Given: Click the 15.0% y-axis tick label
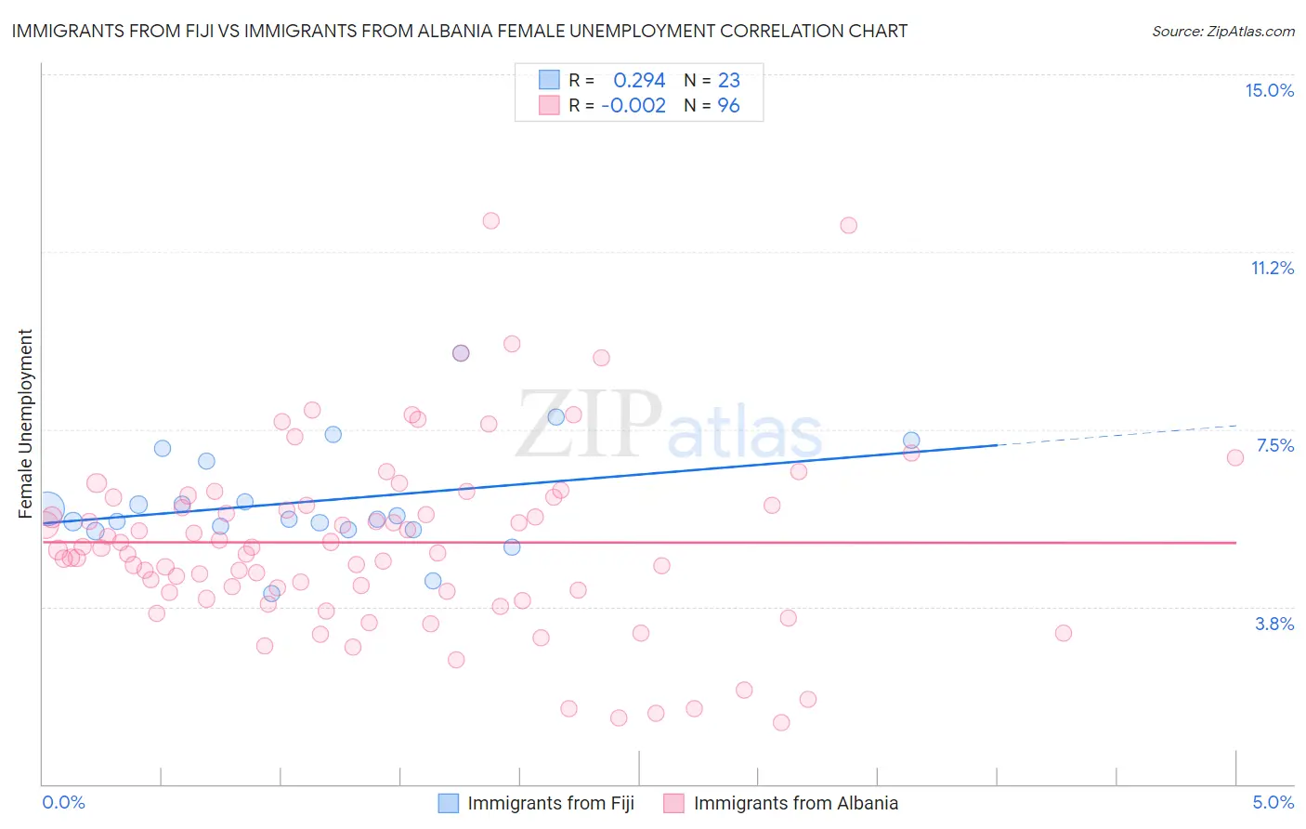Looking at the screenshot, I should coord(1269,90).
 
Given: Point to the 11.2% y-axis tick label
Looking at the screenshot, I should coord(1272,268).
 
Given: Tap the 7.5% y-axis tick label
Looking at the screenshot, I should coord(1274,445).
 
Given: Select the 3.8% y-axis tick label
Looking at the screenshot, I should coord(1274,624).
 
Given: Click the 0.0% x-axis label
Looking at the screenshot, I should coord(63,802).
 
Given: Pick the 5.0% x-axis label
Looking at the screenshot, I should coord(1273,802).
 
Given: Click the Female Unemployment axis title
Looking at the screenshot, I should coord(25,424).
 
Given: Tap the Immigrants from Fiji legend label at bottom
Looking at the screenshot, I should coord(551,803).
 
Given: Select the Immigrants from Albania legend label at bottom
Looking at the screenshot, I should coord(795,803).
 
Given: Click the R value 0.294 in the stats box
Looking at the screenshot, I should coord(639,81).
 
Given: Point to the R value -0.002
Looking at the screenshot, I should coord(633,106).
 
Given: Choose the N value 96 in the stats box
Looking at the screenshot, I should coord(728,106).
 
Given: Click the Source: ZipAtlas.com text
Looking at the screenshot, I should coord(1222,32).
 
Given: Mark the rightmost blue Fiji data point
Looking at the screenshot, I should coord(911,441).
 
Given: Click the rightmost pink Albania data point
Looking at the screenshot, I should coord(1235,457).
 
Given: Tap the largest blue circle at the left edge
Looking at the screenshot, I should coord(47,509).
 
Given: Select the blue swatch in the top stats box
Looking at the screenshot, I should coord(549,80).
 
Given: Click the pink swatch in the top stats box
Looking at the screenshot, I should coord(549,105).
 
